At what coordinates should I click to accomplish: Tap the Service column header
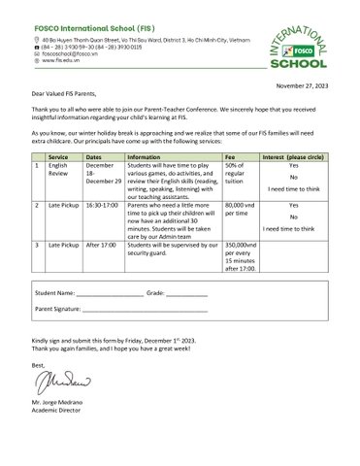point(58,155)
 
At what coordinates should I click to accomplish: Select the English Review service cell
point(58,171)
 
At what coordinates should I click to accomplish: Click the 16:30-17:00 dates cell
point(101,206)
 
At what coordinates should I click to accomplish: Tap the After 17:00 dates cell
point(101,245)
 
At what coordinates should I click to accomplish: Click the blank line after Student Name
point(109,292)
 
